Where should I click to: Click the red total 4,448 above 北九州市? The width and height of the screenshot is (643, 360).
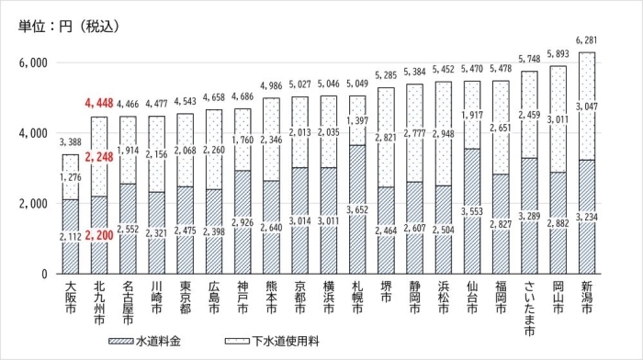tap(99, 103)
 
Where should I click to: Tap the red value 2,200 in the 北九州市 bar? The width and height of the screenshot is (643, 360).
tap(99, 238)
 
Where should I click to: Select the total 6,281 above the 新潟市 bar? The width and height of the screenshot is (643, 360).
tap(584, 39)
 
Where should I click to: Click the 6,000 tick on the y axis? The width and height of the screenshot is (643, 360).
tap(33, 62)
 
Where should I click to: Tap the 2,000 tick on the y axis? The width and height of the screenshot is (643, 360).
tap(33, 203)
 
